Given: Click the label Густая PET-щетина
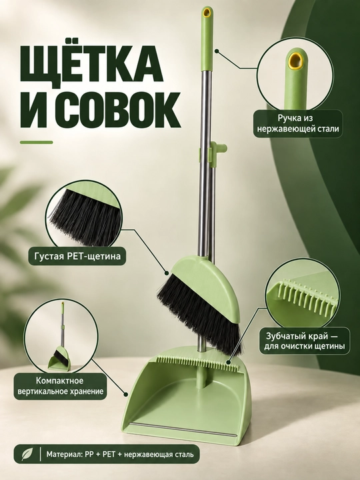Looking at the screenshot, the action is pyautogui.click(x=77, y=256).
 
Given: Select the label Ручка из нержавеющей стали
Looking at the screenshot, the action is pyautogui.click(x=298, y=123).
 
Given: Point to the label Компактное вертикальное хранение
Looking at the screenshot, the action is pyautogui.click(x=60, y=386).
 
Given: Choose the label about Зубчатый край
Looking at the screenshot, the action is pyautogui.click(x=304, y=341).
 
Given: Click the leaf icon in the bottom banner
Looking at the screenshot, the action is pyautogui.click(x=27, y=454).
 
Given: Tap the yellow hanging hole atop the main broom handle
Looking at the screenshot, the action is pyautogui.click(x=207, y=12).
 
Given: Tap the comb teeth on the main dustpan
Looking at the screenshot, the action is pyautogui.click(x=197, y=362).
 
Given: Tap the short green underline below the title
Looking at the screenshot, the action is pyautogui.click(x=37, y=142).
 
